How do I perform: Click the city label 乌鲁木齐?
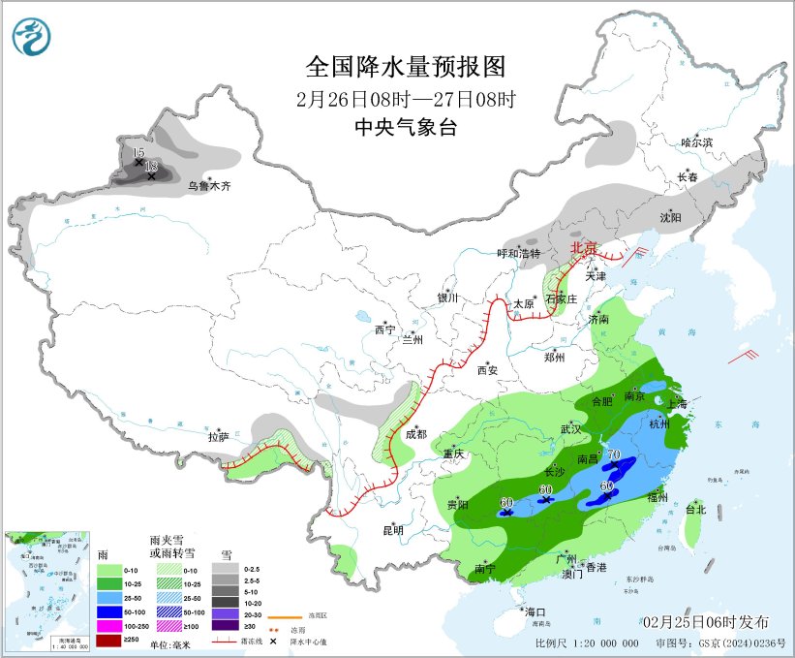click(210, 185)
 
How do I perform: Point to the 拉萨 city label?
click(218, 437)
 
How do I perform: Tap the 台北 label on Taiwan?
click(695, 509)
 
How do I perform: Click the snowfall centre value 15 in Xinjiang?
click(138, 153)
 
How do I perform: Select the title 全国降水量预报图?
click(406, 67)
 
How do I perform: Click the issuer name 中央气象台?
click(405, 128)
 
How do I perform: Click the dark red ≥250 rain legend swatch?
click(108, 640)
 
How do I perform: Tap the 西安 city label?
click(487, 369)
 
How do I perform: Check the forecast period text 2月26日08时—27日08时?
click(406, 99)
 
